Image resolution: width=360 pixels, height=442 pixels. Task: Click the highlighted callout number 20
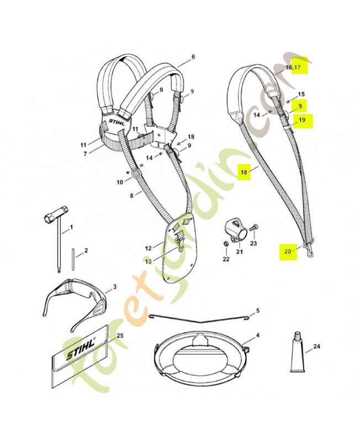[287, 251]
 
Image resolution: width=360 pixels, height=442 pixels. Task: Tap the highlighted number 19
[301, 120]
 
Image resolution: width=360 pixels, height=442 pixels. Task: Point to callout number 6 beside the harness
[193, 57]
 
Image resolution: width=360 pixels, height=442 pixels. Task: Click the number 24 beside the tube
[316, 347]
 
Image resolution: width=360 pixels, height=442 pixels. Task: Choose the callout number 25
[120, 336]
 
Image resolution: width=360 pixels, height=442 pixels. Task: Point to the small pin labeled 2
[73, 257]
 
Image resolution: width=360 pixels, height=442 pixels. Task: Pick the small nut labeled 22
[225, 244]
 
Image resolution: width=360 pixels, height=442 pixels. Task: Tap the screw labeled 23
[252, 227]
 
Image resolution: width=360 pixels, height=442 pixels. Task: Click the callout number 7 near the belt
[85, 154]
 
